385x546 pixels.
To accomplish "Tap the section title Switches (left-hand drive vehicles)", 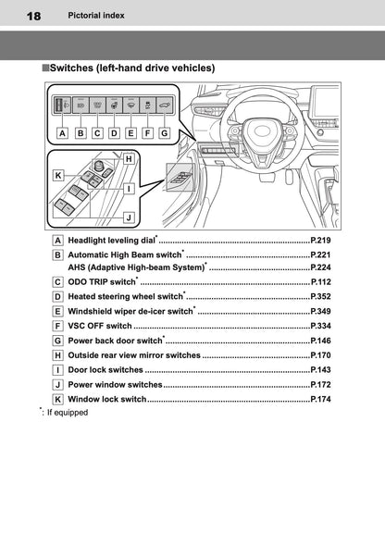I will point(132,68).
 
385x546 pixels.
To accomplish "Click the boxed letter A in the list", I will point(58,240).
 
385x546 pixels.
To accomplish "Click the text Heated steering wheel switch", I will point(125,296).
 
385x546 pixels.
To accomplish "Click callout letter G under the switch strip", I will point(164,132).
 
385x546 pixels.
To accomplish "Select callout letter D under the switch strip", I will point(113,132).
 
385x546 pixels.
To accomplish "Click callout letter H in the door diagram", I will point(129,159).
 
